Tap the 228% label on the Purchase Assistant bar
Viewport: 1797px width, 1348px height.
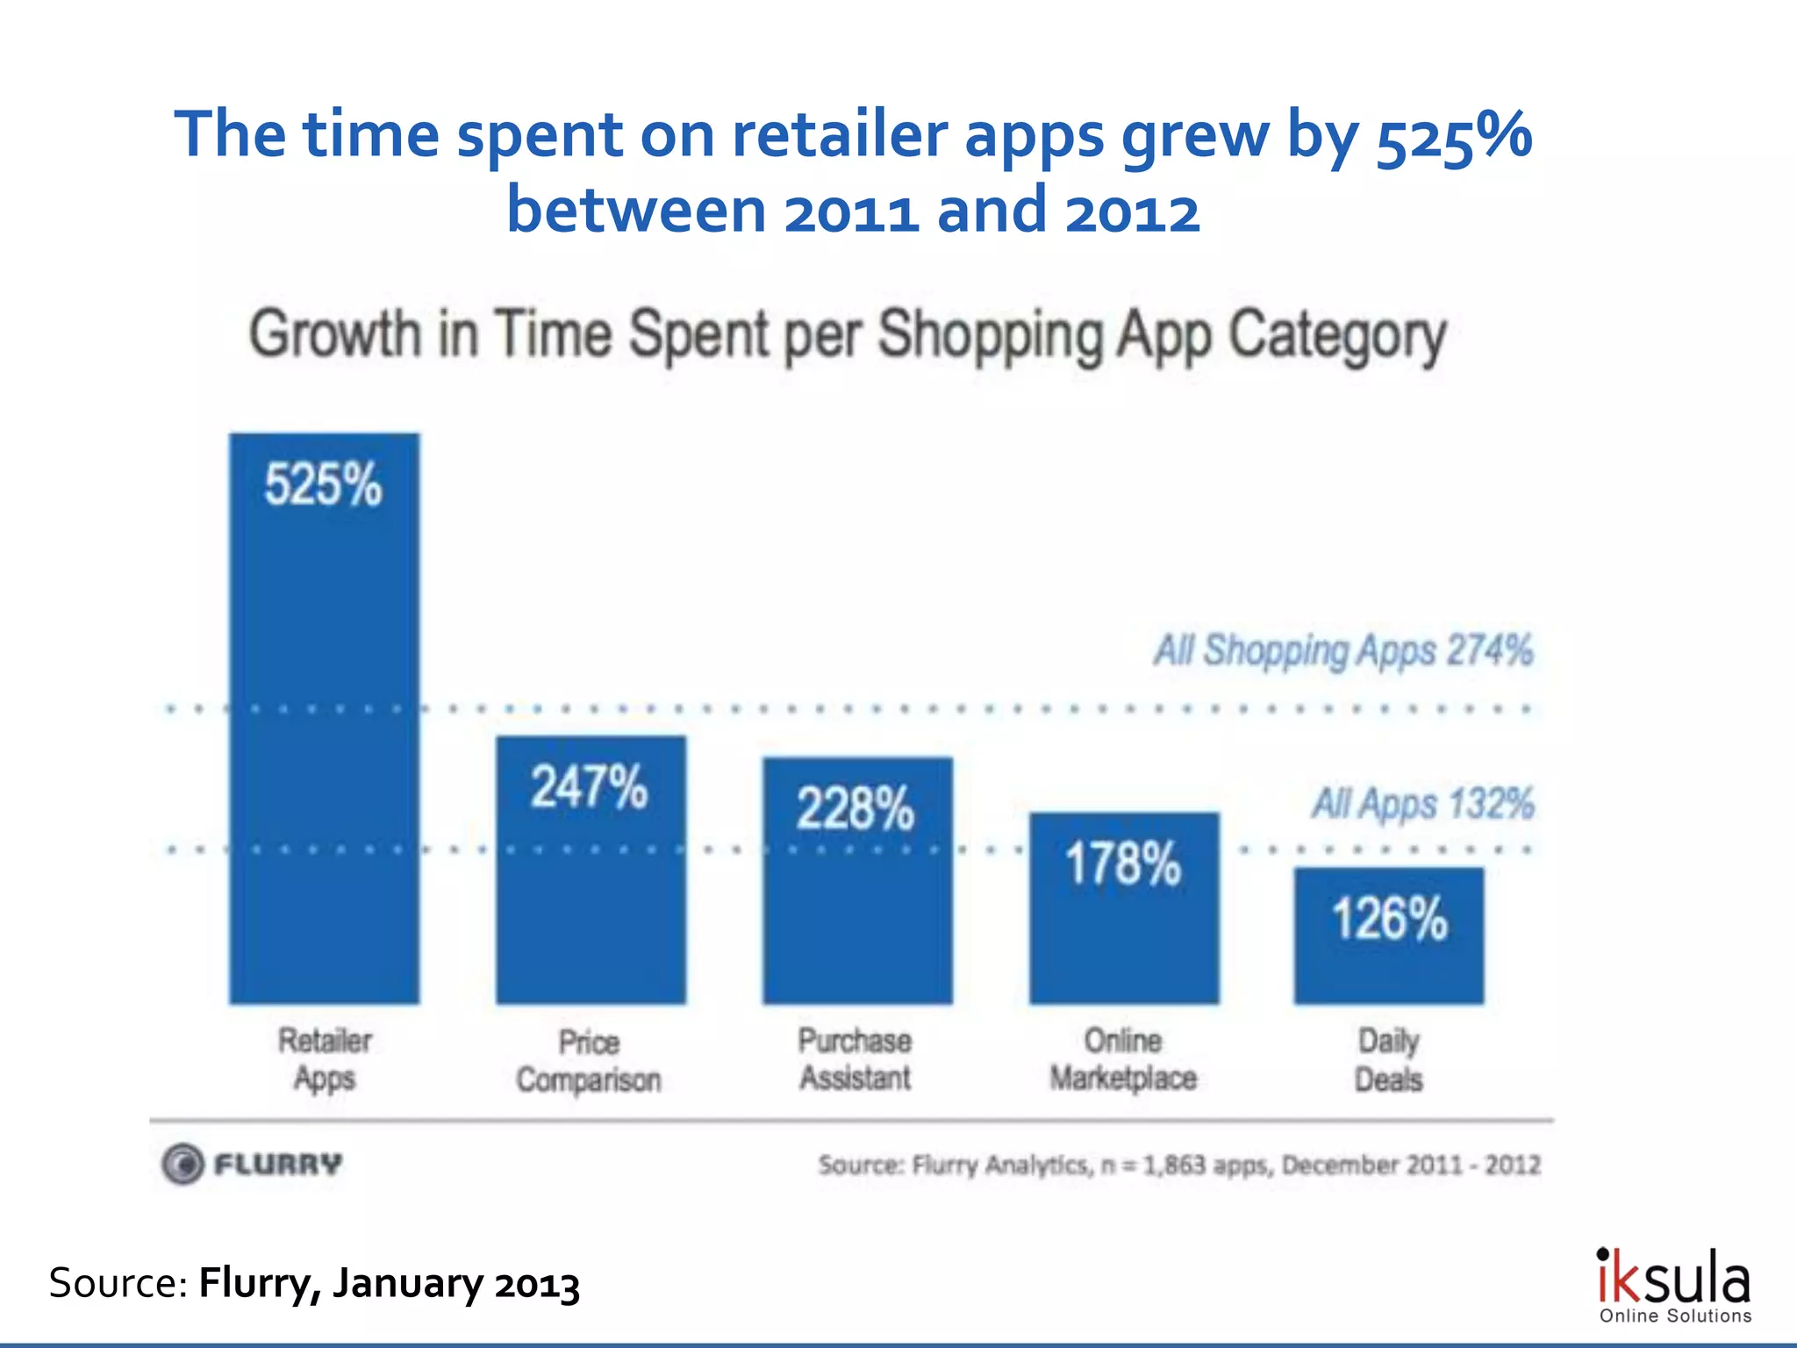(856, 808)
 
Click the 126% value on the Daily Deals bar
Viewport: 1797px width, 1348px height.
(1389, 919)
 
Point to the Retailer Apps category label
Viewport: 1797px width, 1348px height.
(325, 1059)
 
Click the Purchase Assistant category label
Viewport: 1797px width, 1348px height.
(855, 1059)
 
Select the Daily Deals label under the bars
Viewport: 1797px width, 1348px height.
(1388, 1060)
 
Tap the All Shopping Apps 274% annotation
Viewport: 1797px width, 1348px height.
(1343, 651)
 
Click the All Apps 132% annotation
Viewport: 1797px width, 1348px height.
(1422, 804)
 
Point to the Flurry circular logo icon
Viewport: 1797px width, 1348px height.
(183, 1165)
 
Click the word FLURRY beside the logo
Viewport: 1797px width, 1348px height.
(278, 1165)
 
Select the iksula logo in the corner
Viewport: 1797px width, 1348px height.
(1673, 1285)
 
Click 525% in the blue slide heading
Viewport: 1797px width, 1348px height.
(1453, 136)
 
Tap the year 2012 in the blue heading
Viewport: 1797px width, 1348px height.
(1132, 212)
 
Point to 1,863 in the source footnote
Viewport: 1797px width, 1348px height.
(1173, 1165)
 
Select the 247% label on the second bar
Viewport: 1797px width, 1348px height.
(589, 786)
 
